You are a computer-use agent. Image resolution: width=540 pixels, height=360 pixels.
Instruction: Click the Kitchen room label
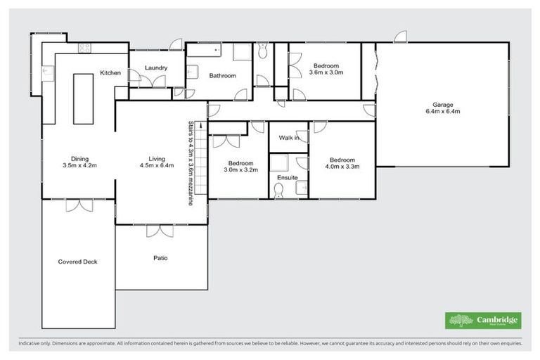pyautogui.click(x=110, y=73)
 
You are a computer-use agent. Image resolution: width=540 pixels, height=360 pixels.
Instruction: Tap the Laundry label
pyautogui.click(x=155, y=68)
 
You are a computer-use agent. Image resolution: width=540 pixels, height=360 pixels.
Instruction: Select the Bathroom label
pyautogui.click(x=222, y=76)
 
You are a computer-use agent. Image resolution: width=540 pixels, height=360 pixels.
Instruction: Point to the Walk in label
pyautogui.click(x=289, y=138)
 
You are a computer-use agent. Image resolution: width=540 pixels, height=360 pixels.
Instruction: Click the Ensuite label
pyautogui.click(x=287, y=178)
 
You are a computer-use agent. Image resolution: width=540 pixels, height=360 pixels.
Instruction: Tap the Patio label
pyautogui.click(x=160, y=258)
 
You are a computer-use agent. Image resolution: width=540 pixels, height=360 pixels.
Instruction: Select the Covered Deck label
pyautogui.click(x=77, y=262)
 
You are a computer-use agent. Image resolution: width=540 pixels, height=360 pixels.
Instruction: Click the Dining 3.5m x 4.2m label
pyautogui.click(x=79, y=162)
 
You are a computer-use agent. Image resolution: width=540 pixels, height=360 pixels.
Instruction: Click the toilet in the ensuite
pyautogui.click(x=278, y=192)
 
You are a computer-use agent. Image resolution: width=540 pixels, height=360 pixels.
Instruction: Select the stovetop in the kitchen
pyautogui.click(x=85, y=49)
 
